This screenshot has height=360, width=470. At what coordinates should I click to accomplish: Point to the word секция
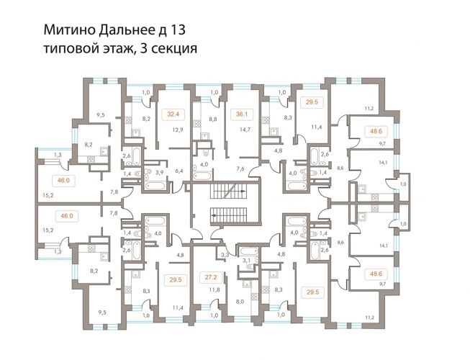(x=174, y=48)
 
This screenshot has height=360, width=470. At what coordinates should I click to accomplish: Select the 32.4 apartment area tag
(x=173, y=114)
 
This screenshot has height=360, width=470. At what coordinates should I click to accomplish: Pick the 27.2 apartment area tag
(x=211, y=277)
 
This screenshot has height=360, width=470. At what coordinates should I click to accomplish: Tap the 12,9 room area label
(x=178, y=130)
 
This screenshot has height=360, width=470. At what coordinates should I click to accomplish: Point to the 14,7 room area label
(x=245, y=130)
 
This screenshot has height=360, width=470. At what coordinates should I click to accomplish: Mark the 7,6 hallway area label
(x=240, y=168)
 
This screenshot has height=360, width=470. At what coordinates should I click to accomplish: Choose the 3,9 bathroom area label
(x=160, y=172)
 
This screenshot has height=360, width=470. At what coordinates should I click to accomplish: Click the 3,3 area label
(x=225, y=256)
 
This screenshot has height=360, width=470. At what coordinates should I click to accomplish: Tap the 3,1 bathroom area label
(x=246, y=261)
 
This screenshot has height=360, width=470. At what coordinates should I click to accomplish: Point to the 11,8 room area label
(x=214, y=290)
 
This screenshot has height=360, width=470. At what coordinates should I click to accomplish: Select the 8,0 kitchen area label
(x=240, y=302)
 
